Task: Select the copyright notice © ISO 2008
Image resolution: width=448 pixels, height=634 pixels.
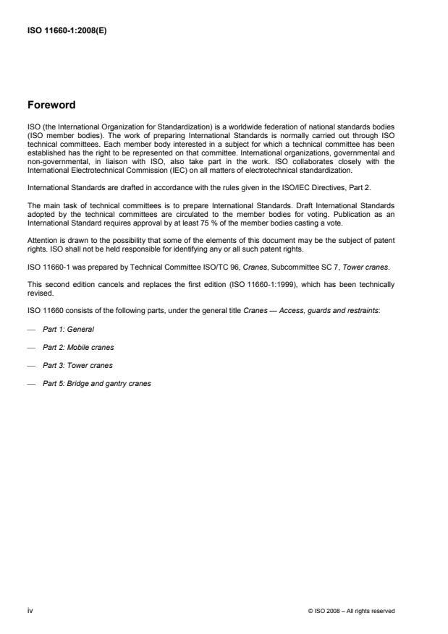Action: pyautogui.click(x=351, y=611)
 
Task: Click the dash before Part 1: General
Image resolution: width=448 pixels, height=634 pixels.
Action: pyautogui.click(x=30, y=329)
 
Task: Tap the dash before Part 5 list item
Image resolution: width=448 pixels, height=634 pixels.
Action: pyautogui.click(x=30, y=383)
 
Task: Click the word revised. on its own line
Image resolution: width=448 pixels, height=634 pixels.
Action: pyautogui.click(x=39, y=293)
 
